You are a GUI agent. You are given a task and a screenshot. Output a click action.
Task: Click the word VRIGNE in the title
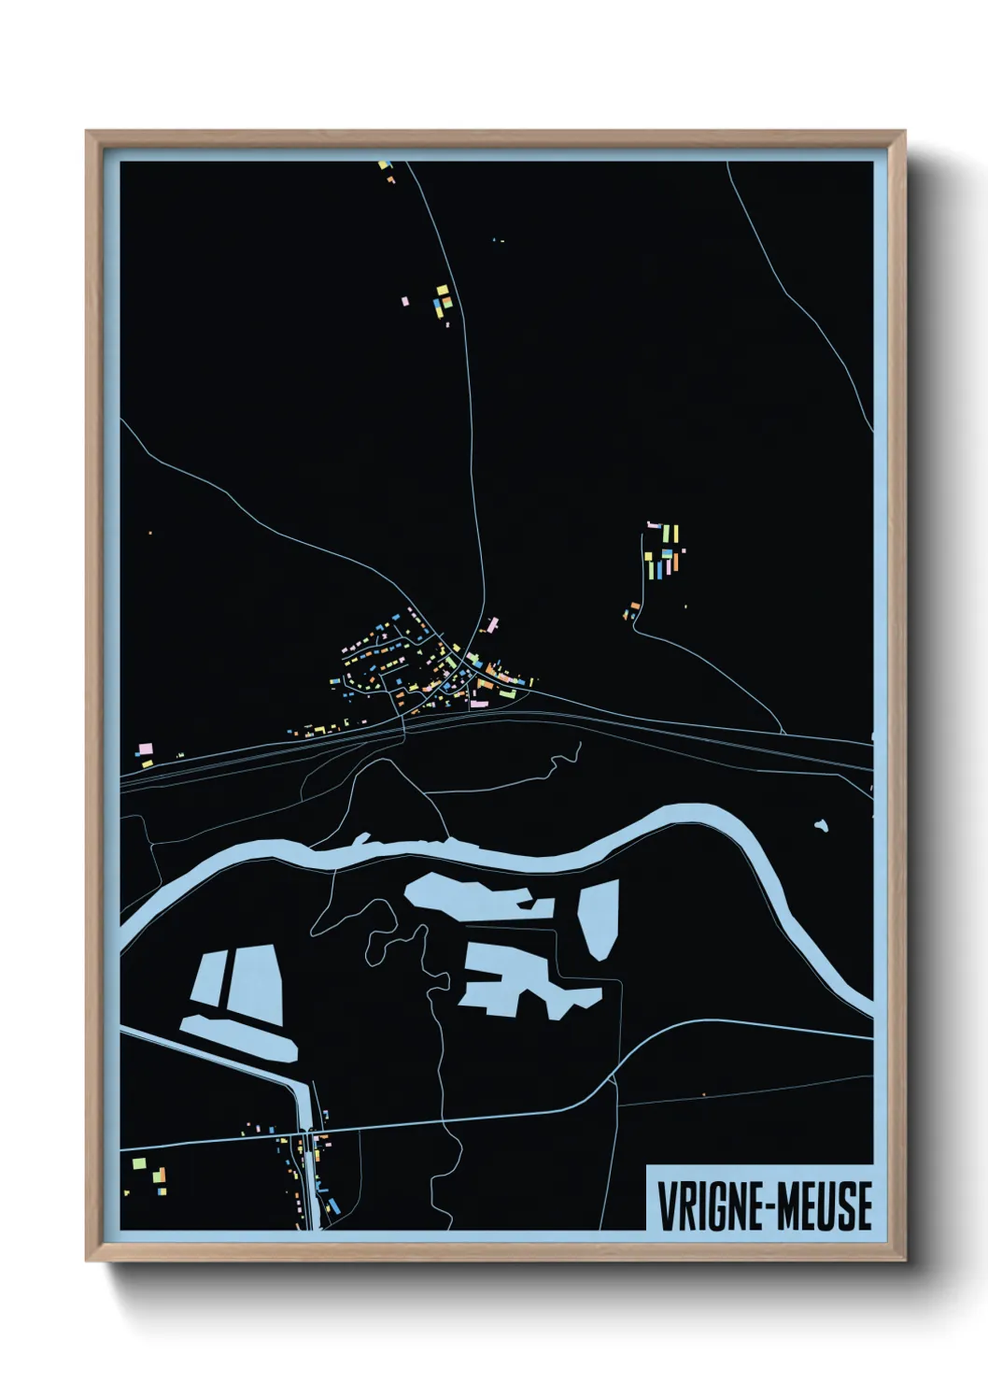(707, 1206)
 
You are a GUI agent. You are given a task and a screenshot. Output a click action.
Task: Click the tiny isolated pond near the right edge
(821, 826)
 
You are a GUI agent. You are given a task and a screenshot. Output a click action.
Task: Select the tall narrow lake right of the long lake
(599, 919)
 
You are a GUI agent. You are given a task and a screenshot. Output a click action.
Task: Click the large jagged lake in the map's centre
(523, 980)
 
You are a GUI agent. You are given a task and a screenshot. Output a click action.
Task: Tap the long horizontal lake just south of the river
(467, 896)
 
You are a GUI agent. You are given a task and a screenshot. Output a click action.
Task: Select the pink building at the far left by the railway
(145, 749)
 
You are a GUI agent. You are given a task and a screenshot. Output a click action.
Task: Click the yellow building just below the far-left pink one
(147, 763)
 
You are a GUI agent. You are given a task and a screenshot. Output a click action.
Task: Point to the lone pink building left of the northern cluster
(404, 302)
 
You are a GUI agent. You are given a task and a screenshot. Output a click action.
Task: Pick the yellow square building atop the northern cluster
(443, 291)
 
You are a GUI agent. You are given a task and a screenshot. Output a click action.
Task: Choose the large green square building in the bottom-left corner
(139, 1163)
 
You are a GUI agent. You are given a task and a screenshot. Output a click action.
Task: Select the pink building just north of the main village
(491, 624)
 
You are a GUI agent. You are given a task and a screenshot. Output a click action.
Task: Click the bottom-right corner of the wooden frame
(903, 1259)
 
